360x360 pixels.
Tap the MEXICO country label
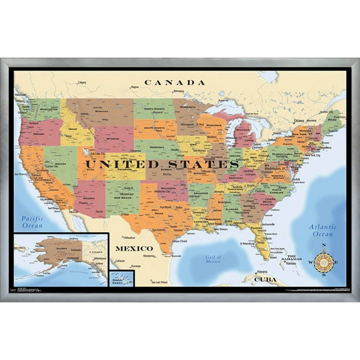pos(134,248)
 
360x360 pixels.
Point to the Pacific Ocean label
pos(33,222)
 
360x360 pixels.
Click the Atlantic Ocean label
pos(323,230)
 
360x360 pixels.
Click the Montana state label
pos(101,110)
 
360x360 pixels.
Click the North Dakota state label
pos(155,108)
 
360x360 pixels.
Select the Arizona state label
pos(88,199)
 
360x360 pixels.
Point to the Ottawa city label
pos(300,121)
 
